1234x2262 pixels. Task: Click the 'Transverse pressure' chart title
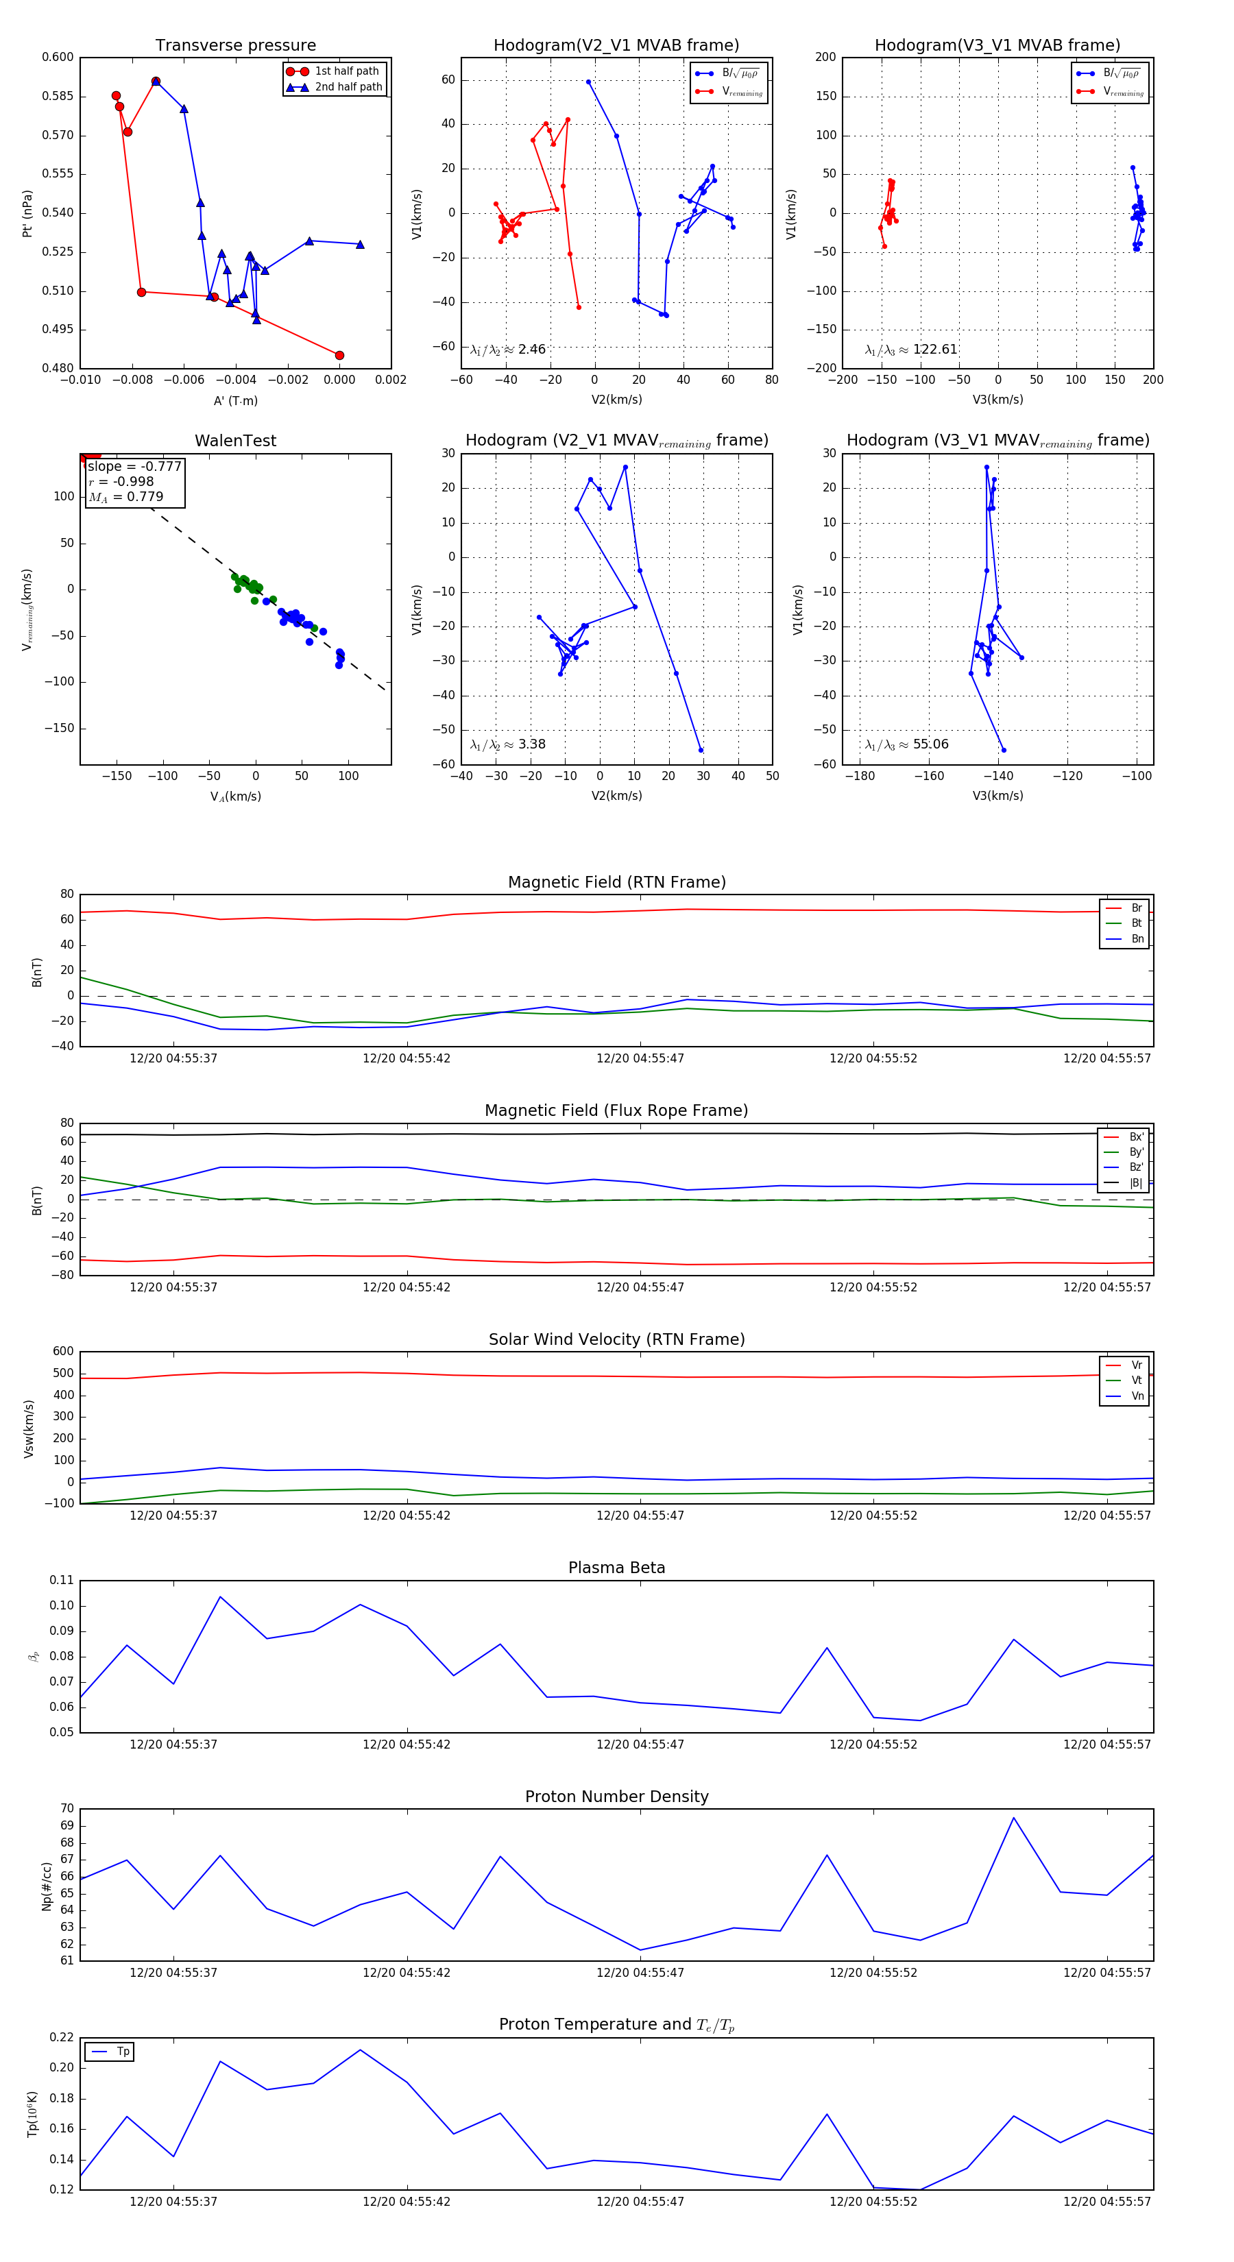pos(235,46)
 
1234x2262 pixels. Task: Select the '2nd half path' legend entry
pos(348,87)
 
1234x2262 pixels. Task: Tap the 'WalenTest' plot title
pos(235,441)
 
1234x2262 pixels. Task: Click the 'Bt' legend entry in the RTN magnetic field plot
pos(1136,923)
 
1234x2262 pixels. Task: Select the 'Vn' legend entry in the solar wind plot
pos(1137,1396)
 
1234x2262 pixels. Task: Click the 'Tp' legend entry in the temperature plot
pos(123,2052)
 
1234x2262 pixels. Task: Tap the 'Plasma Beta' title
pos(616,1568)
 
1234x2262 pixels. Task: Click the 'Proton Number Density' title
pos(616,1797)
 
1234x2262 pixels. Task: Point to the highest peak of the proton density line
pos(1013,1819)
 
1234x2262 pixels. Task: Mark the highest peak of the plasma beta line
pos(221,1597)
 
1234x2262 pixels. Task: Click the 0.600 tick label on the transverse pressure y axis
pos(58,58)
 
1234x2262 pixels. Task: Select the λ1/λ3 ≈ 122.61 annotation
pos(911,350)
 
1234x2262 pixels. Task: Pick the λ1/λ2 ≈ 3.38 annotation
pos(507,744)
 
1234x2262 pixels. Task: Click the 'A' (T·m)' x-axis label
pos(235,400)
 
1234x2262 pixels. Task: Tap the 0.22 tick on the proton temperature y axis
pos(62,2038)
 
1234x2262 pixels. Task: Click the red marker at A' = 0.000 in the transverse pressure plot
pos(340,356)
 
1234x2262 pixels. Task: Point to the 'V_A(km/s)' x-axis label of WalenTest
pos(235,796)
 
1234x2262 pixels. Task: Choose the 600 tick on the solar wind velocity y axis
pos(63,1352)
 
